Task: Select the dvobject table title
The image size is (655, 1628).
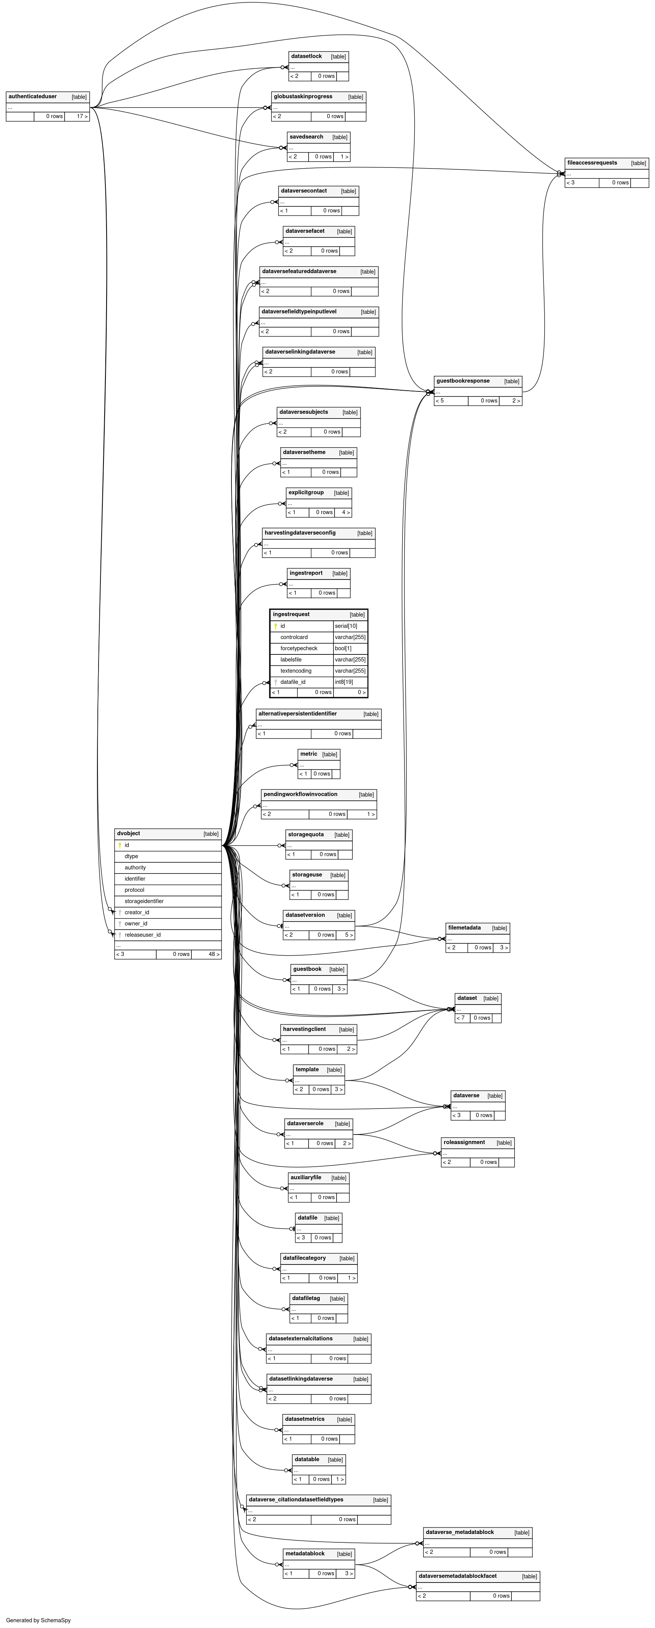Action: (128, 834)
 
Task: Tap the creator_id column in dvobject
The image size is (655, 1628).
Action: (137, 912)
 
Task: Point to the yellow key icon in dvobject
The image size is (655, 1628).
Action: (120, 845)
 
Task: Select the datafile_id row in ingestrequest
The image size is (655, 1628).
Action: (293, 682)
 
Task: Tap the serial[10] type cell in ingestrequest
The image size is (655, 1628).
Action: (346, 626)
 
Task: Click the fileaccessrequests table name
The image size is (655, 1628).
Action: (592, 163)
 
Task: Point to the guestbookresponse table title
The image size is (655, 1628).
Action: (463, 381)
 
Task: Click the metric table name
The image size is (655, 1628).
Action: (309, 754)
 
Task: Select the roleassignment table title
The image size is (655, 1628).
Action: (464, 1143)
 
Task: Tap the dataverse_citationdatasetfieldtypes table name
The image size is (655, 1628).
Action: (296, 1500)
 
